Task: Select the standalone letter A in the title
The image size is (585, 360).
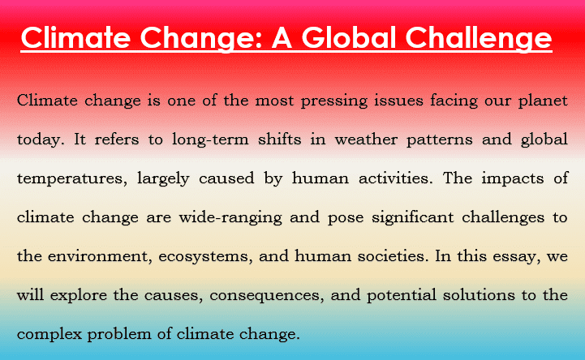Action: [x=282, y=38]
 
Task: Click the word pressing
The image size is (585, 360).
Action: [x=334, y=101]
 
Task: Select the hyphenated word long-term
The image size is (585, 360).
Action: [x=210, y=140]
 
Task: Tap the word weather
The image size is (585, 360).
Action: [x=366, y=139]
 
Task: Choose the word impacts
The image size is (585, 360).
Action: [x=513, y=179]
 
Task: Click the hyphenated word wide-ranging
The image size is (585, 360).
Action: [x=230, y=218]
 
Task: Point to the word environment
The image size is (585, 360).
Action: [x=100, y=257]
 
